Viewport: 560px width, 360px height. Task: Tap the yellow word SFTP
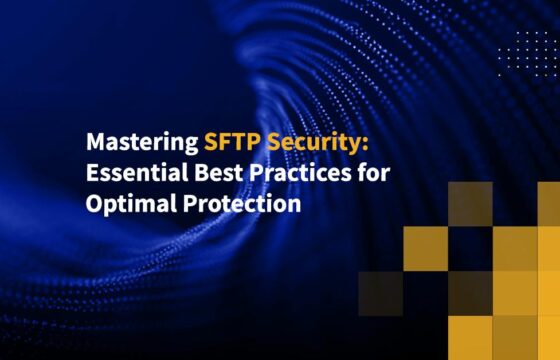[231, 141]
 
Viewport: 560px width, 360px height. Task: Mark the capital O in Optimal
[94, 204]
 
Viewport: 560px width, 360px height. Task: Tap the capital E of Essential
[92, 173]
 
